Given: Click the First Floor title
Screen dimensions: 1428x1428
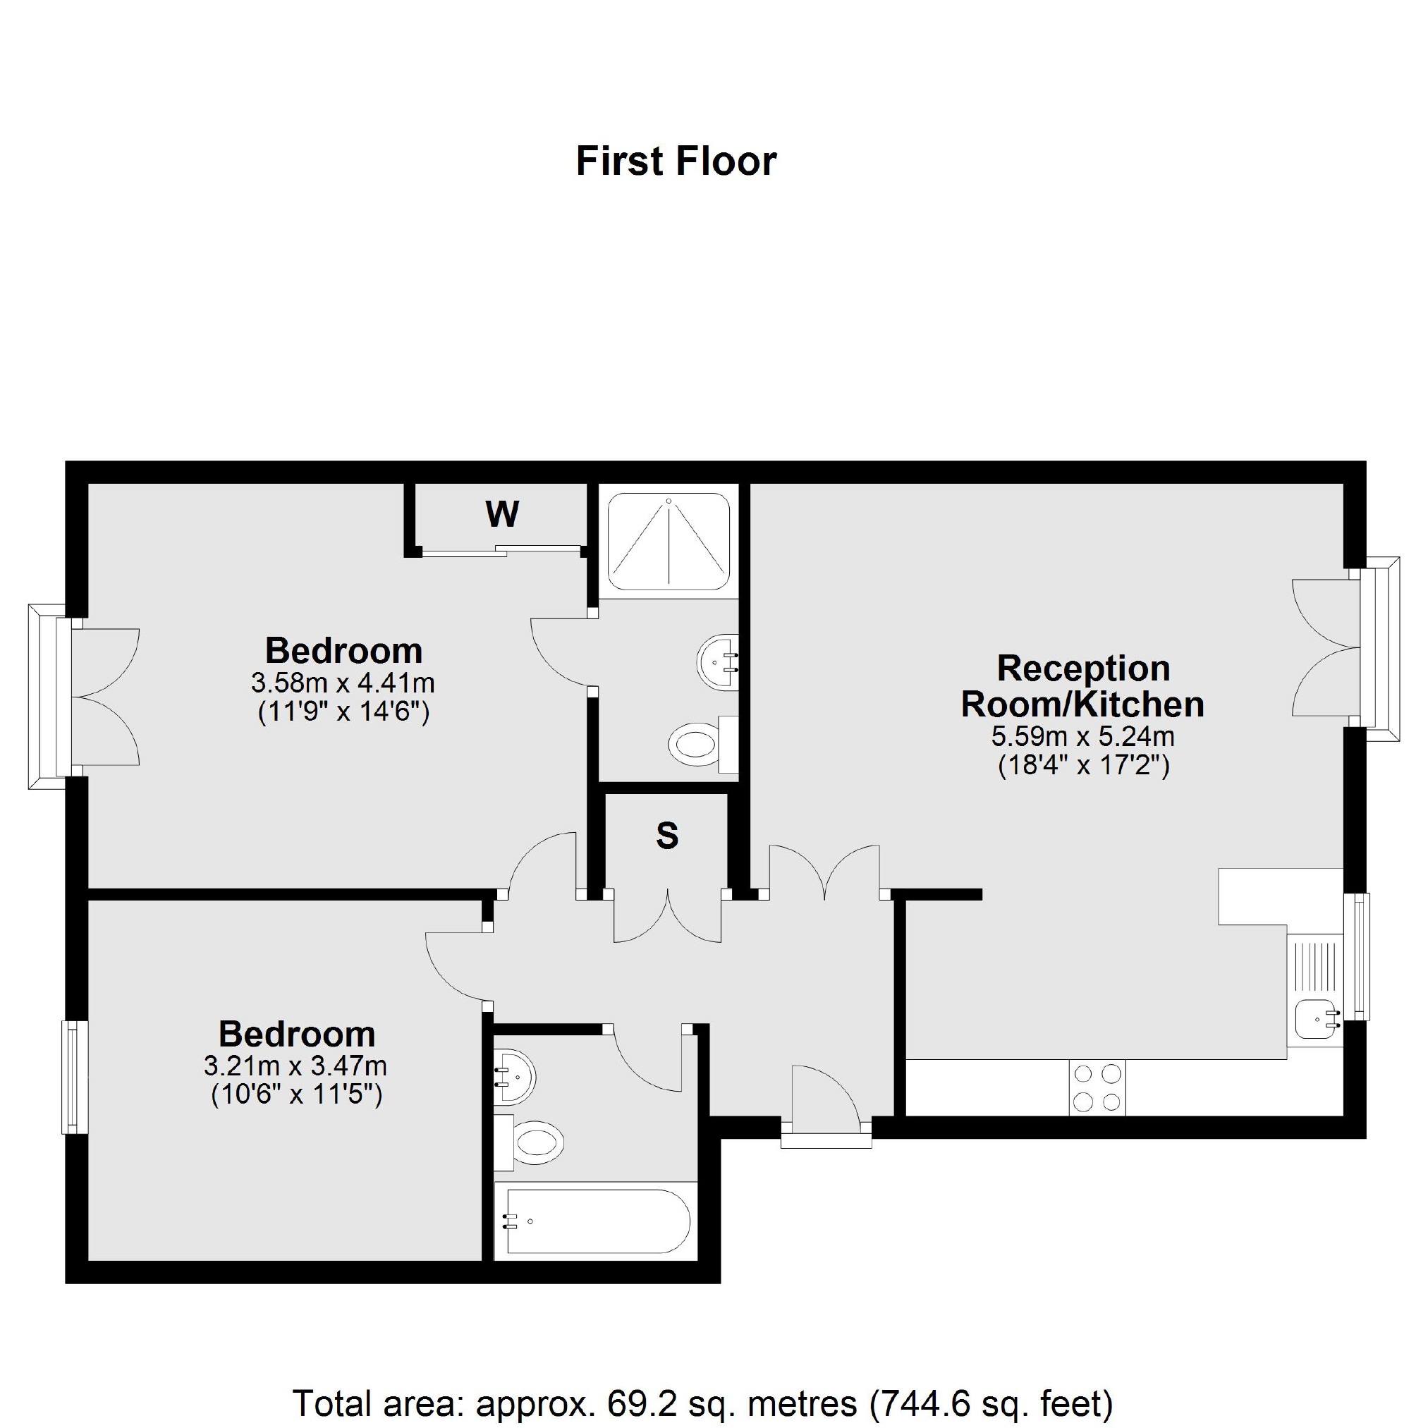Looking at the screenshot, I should click(x=676, y=161).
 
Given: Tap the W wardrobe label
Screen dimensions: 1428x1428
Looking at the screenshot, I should click(x=502, y=513).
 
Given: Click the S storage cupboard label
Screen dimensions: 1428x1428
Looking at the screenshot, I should click(x=666, y=835).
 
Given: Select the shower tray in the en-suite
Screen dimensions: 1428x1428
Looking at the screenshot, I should click(x=669, y=541).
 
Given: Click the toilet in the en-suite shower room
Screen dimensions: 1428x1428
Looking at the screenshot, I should click(x=695, y=743).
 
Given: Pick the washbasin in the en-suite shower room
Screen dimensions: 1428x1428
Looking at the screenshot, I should click(x=717, y=661).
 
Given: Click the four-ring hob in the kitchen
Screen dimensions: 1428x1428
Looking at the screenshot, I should click(x=1097, y=1087).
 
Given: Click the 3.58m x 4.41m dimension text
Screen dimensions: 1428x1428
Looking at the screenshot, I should click(x=343, y=682).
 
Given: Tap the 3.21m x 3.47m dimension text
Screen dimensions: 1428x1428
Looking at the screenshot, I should click(x=295, y=1066).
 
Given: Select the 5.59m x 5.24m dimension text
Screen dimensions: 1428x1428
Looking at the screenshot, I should click(x=1083, y=736).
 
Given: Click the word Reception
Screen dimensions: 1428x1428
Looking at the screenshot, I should click(x=1084, y=669).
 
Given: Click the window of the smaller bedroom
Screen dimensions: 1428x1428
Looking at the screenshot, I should click(x=75, y=1077).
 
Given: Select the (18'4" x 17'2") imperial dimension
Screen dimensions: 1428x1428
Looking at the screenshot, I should click(x=1084, y=766).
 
